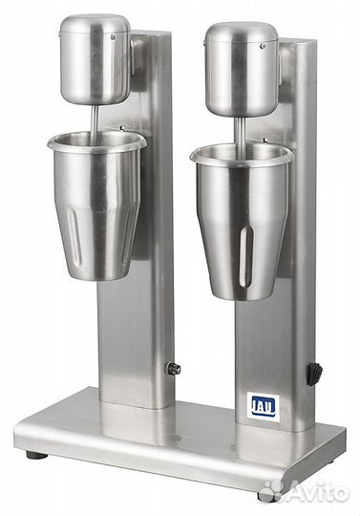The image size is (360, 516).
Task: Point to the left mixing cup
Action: click(x=95, y=201)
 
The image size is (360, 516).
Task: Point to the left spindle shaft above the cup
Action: click(x=97, y=118)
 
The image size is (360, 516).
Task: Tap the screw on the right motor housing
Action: click(x=263, y=41)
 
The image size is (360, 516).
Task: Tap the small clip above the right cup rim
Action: click(x=268, y=135)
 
